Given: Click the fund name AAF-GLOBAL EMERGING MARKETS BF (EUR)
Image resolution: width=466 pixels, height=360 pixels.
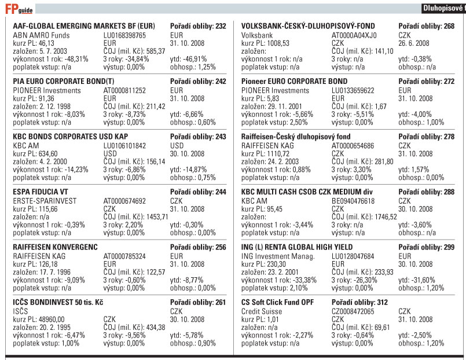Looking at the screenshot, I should tap(84, 27).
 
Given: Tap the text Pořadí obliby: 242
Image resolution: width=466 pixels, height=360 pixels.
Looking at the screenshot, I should tap(199, 82).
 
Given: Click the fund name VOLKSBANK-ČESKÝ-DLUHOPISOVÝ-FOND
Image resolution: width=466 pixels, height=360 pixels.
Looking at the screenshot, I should tap(308, 27).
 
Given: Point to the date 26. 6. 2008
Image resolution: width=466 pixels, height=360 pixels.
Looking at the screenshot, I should tap(414, 43).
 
